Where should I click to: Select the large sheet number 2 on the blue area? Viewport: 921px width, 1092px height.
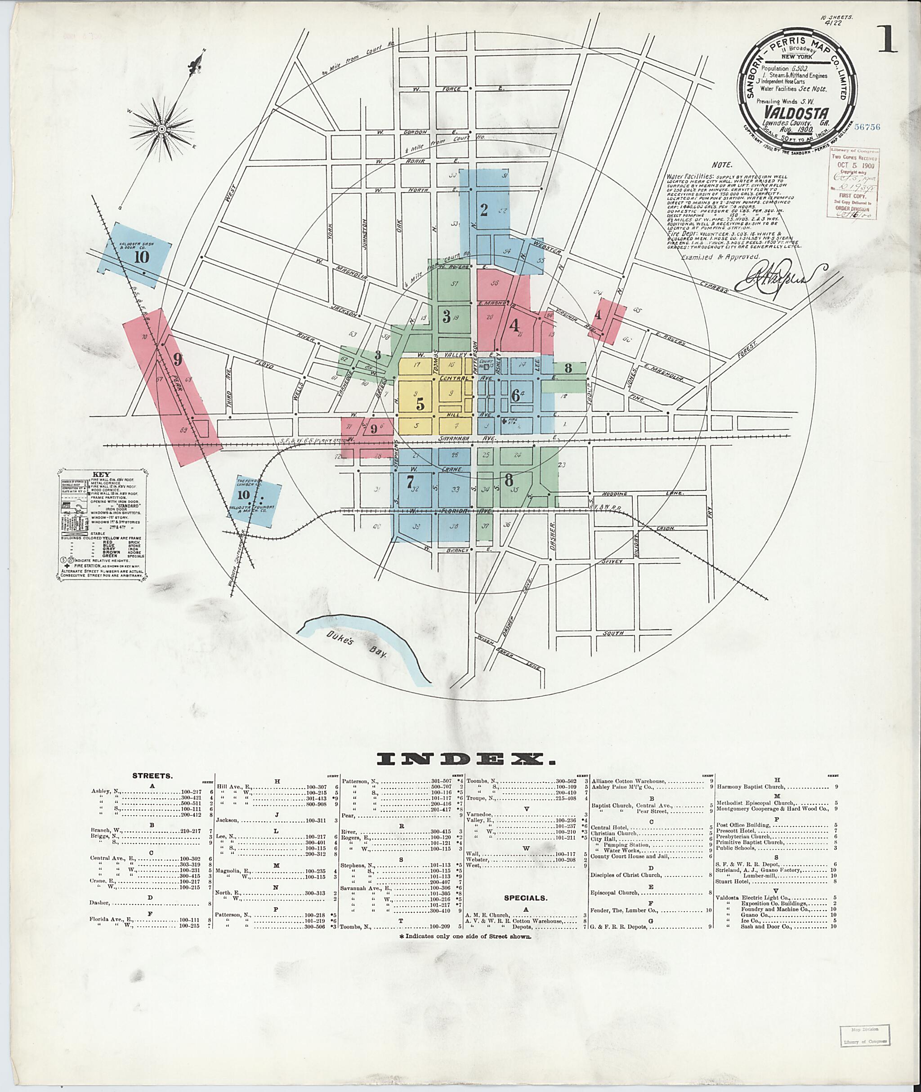(x=484, y=210)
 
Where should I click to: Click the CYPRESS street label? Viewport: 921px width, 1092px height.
(x=714, y=286)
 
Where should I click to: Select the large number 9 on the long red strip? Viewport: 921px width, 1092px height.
(x=178, y=359)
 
